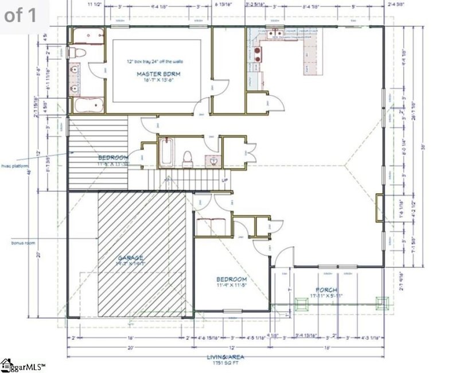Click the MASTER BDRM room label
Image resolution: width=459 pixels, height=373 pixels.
154,75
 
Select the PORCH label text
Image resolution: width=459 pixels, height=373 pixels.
327,290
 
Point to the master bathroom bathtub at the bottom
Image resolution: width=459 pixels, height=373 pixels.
88,106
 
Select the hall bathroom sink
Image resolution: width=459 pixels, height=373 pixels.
213,161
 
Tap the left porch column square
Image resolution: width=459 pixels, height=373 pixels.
299,303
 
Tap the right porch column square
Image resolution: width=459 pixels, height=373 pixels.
380,302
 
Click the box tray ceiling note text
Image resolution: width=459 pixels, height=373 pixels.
154,61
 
